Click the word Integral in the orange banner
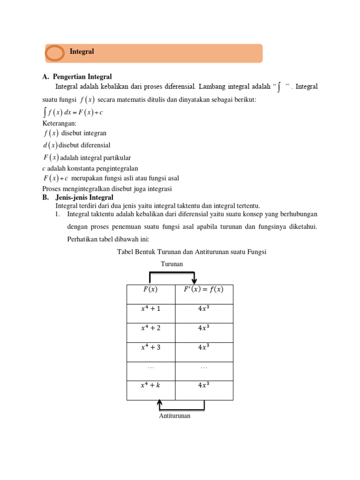pos(82,52)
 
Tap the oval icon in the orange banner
pos(55,53)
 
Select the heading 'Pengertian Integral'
pos(82,77)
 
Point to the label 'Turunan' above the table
pos(172,264)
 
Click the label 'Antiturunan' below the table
pos(175,416)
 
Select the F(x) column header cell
pos(150,290)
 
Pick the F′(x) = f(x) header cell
pos(203,290)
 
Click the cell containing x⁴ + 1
pos(150,309)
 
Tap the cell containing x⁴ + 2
pos(150,328)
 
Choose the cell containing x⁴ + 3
pos(150,347)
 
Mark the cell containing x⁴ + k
pos(150,386)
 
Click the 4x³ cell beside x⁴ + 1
pos(203,309)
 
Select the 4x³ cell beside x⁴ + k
pos(203,386)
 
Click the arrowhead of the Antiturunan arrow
pos(160,403)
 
